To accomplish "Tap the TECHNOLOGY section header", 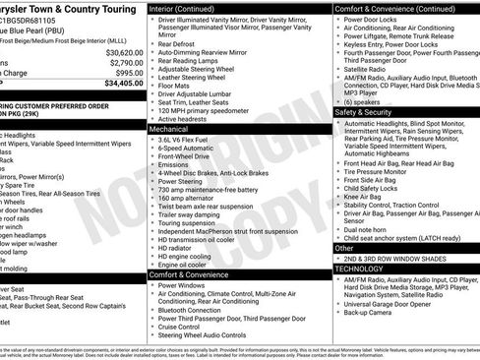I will [x=359, y=268].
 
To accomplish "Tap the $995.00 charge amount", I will [x=130, y=74].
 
